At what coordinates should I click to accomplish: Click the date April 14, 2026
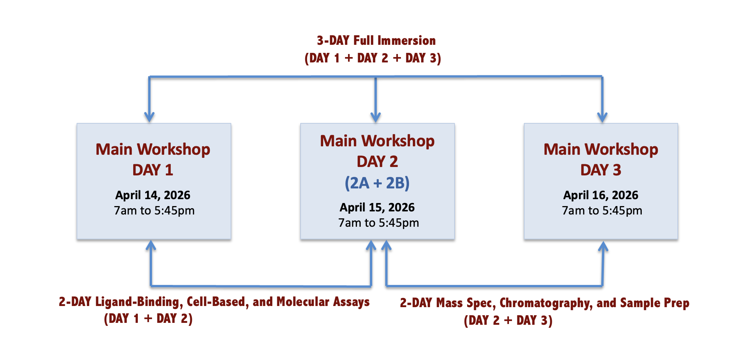[153, 195]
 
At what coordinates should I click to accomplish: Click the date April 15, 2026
[377, 208]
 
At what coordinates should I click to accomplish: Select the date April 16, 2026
[601, 195]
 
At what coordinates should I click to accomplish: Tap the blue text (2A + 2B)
[377, 183]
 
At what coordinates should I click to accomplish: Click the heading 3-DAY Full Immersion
[376, 41]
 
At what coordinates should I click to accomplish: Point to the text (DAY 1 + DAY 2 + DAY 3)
[373, 58]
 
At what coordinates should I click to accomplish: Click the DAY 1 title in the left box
[153, 170]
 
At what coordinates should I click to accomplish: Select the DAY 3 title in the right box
[601, 170]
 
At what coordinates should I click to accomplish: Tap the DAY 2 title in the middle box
[377, 162]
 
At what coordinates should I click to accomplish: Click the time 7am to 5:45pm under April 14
[154, 211]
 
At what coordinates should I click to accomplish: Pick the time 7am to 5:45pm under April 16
[602, 211]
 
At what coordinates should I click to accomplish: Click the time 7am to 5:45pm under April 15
[379, 223]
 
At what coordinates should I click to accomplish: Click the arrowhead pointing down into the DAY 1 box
[149, 117]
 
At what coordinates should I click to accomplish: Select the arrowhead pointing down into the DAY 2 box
[376, 117]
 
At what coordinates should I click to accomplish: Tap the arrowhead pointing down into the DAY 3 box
[602, 117]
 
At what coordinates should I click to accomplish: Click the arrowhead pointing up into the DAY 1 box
[151, 245]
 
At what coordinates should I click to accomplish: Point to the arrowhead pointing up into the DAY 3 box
[603, 246]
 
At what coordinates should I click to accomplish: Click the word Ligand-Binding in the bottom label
[139, 302]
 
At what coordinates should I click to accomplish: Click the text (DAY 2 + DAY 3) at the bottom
[508, 320]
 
